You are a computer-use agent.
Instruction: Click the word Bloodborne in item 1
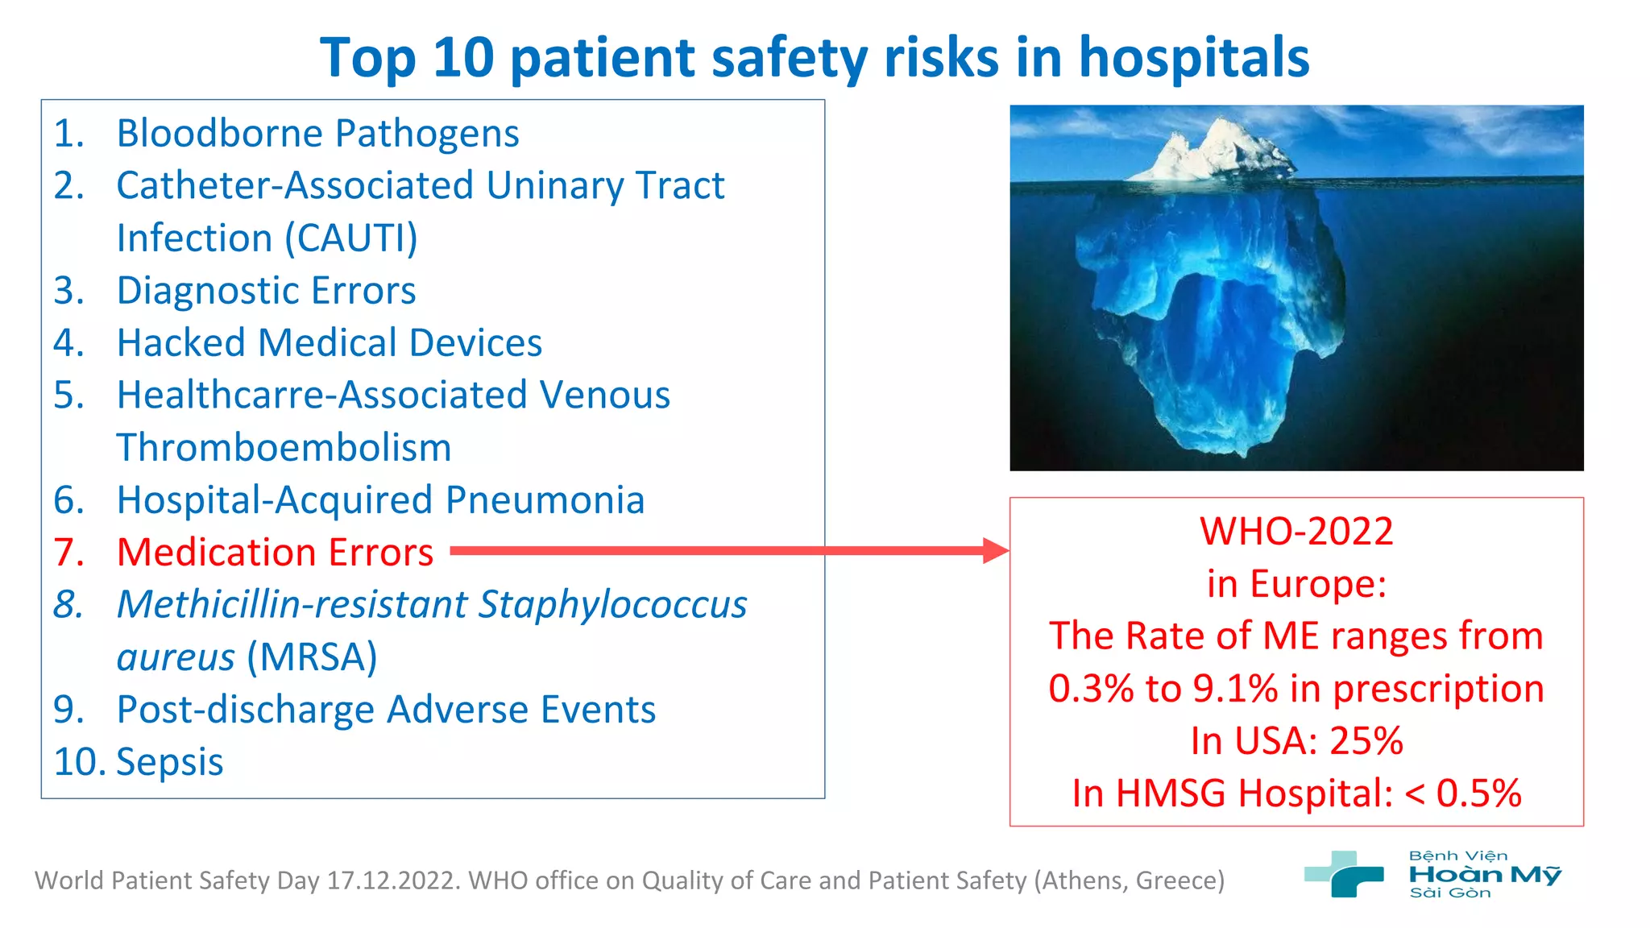218,134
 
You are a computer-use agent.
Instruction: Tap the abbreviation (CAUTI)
356,238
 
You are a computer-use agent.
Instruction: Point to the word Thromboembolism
284,448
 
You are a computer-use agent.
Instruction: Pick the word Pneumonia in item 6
545,500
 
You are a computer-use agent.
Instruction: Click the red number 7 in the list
68,553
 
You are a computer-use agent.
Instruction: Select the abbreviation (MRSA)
312,657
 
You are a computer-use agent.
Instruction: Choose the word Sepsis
170,762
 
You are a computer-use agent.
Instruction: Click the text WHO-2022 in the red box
1296,532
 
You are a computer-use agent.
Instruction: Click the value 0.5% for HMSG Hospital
1478,793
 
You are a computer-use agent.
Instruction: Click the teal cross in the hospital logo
1344,874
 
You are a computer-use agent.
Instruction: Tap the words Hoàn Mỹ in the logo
1484,875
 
